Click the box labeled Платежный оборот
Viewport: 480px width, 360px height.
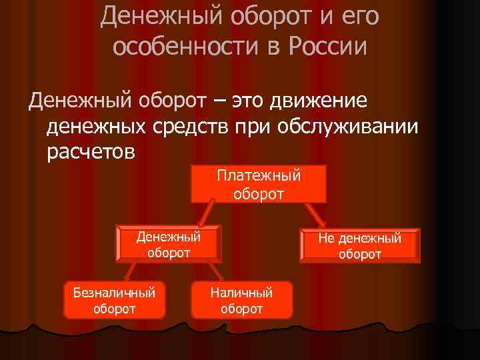(x=259, y=184)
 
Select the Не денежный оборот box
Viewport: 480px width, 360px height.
(x=359, y=246)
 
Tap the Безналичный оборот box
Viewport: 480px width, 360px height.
(x=114, y=300)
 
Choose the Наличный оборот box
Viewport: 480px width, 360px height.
(x=241, y=300)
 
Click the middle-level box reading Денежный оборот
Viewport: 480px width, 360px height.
(x=169, y=245)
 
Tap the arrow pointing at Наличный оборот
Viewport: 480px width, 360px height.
(x=214, y=270)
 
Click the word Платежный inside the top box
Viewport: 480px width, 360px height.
(x=259, y=176)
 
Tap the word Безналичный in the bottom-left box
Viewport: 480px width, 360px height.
(x=114, y=292)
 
